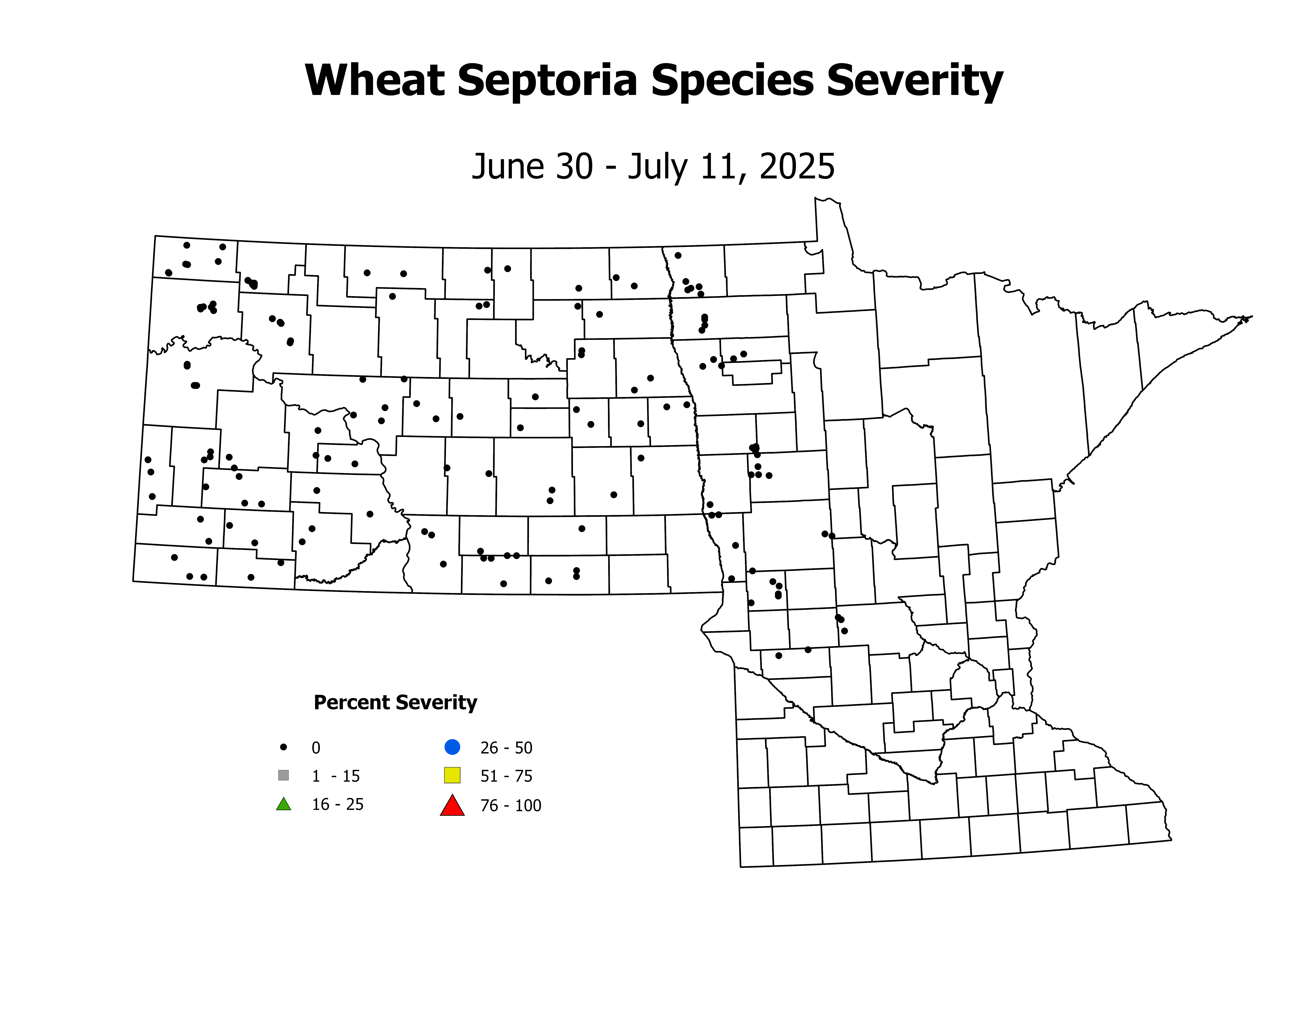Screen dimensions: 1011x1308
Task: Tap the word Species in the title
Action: click(x=732, y=81)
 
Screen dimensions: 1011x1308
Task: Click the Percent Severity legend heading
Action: click(x=395, y=702)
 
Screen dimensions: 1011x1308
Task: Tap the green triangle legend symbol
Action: click(x=284, y=804)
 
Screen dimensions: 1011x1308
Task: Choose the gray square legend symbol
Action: click(x=284, y=776)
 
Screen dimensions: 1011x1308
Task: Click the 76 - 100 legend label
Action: click(x=510, y=806)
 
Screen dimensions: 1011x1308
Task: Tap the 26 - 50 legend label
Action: click(x=506, y=748)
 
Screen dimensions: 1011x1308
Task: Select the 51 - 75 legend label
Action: click(x=506, y=776)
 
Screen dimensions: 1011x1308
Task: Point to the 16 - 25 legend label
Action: click(x=337, y=804)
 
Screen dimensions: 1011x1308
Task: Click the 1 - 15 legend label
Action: click(x=335, y=776)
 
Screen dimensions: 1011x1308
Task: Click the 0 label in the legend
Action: click(x=316, y=748)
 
